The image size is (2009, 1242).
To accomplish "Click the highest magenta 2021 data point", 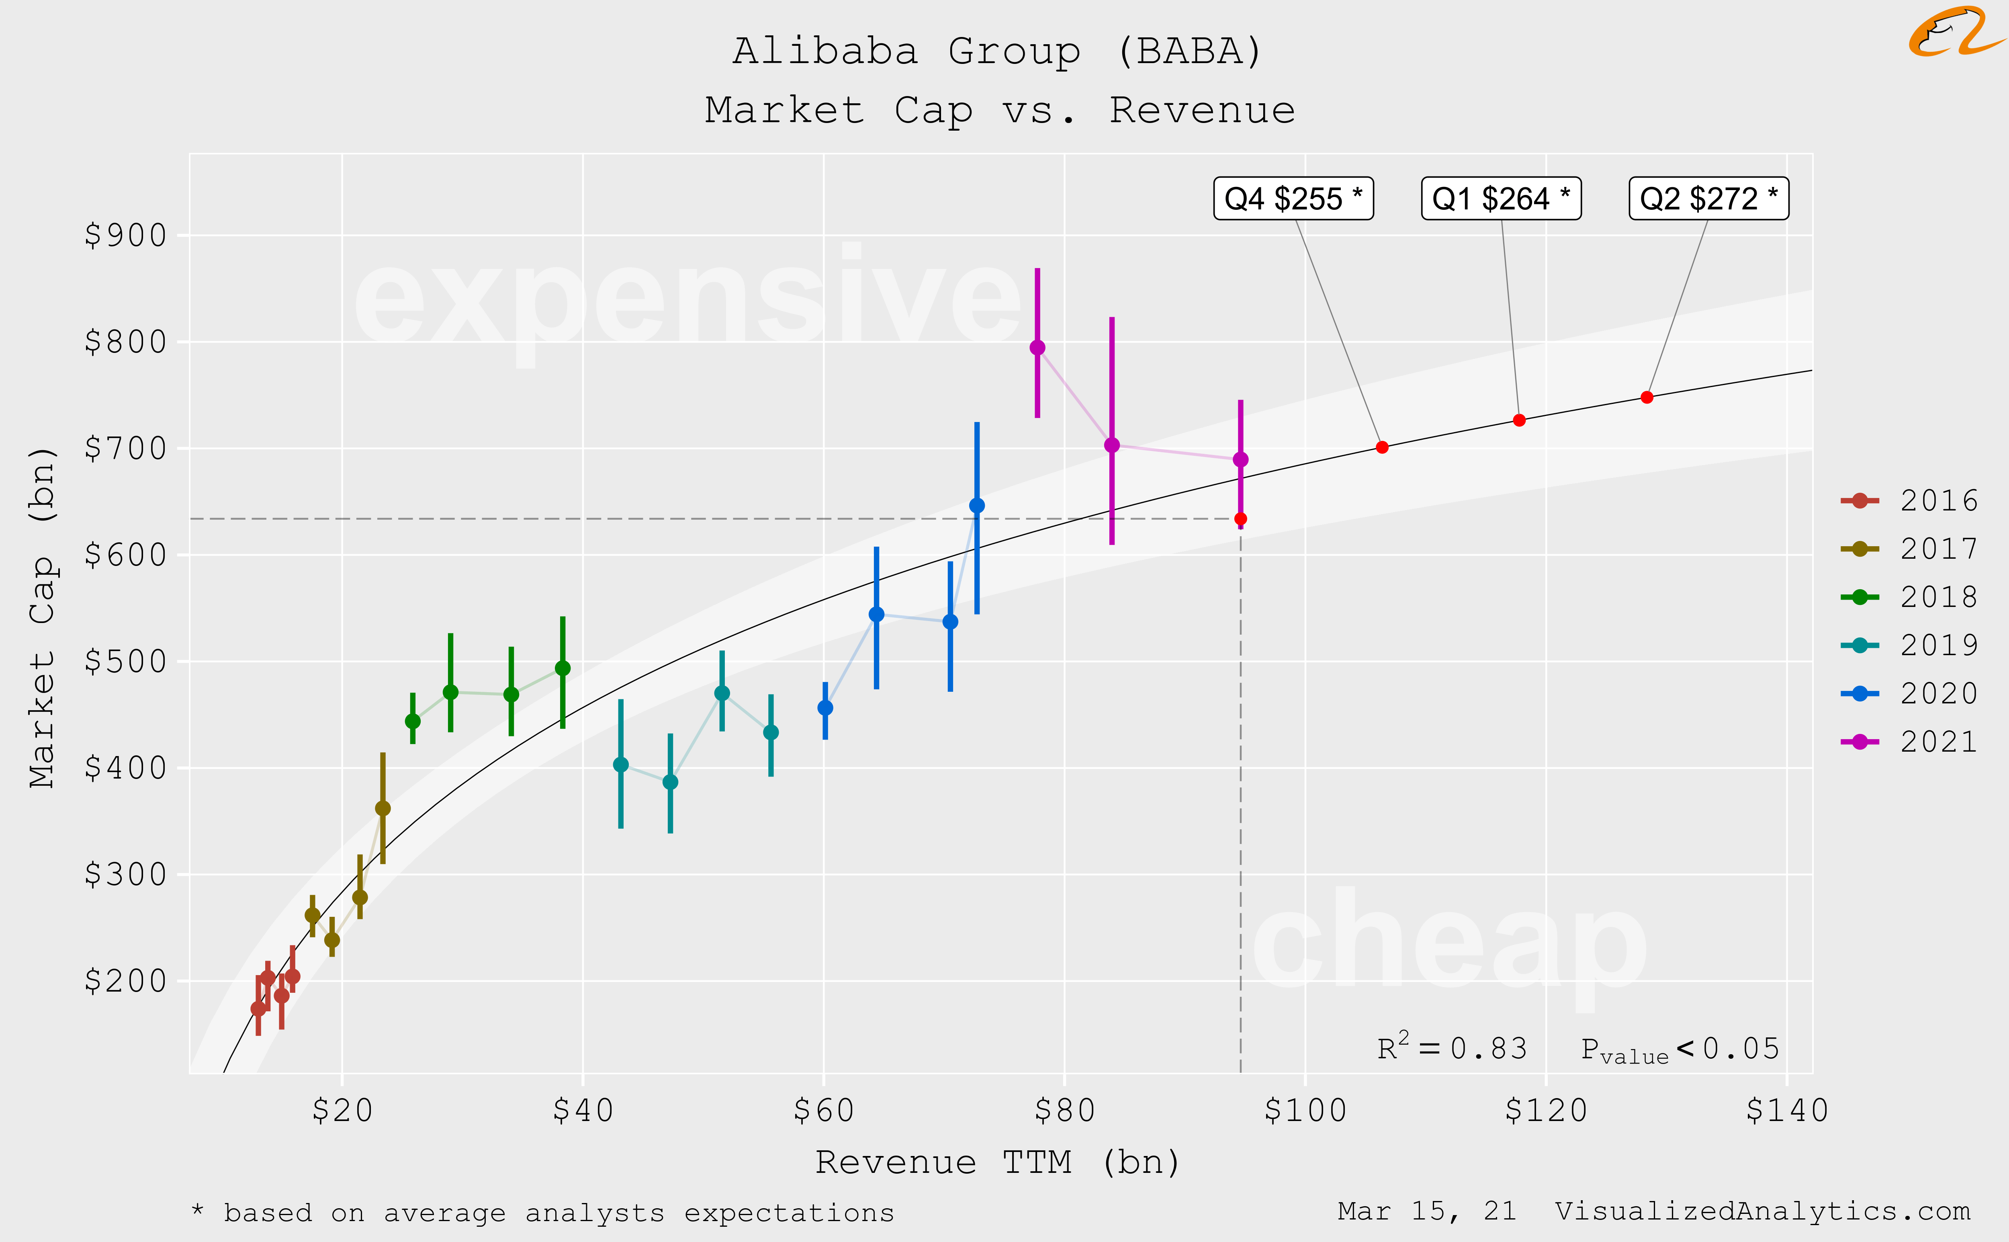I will (1037, 347).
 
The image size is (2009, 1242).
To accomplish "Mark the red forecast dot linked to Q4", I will (1382, 448).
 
